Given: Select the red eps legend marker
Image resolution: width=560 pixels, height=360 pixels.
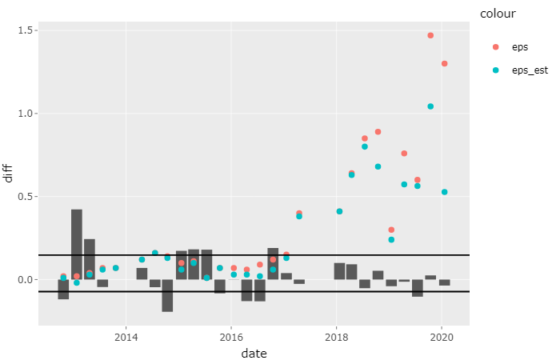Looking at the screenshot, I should (x=495, y=47).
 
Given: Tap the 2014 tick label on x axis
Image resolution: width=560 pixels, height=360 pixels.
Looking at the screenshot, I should (x=126, y=335).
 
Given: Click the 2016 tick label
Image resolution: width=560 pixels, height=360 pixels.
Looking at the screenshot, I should (x=230, y=335).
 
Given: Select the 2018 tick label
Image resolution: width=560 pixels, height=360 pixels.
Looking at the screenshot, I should (x=336, y=335).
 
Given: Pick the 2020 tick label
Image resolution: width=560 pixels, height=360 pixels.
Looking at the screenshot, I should (x=441, y=335).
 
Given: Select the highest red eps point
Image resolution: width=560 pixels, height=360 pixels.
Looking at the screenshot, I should (x=430, y=35).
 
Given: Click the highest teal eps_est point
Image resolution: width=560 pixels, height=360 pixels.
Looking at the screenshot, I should (x=430, y=106).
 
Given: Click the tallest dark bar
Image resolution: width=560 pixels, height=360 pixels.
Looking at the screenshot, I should (x=77, y=244).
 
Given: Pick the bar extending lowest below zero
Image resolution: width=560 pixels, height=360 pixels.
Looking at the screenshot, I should (x=167, y=295).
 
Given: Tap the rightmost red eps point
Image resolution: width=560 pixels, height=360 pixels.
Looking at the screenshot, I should (x=444, y=63).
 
